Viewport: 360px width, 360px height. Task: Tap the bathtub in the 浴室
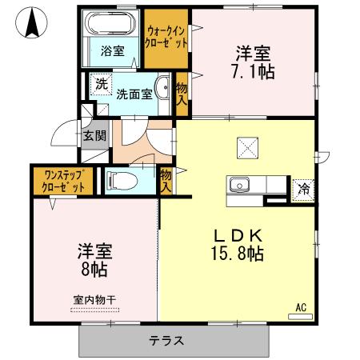tap(113, 23)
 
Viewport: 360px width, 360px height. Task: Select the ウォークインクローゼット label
tap(167, 37)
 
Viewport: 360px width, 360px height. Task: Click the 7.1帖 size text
tap(252, 72)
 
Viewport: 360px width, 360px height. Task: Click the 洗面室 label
tap(134, 94)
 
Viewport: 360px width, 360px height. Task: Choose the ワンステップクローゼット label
tap(63, 180)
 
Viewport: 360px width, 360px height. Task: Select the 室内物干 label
tap(94, 300)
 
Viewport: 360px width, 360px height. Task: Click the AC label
tap(302, 306)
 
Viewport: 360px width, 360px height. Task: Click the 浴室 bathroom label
tap(112, 51)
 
